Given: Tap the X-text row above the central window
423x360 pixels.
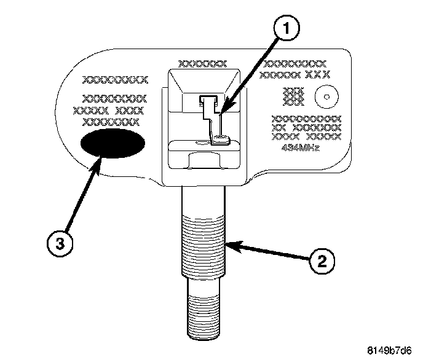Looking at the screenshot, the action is [202, 63].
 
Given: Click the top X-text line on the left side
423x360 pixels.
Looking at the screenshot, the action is [116, 79].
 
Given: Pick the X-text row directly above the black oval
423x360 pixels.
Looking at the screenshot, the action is [111, 121].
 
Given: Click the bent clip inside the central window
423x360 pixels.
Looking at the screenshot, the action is [213, 120].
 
